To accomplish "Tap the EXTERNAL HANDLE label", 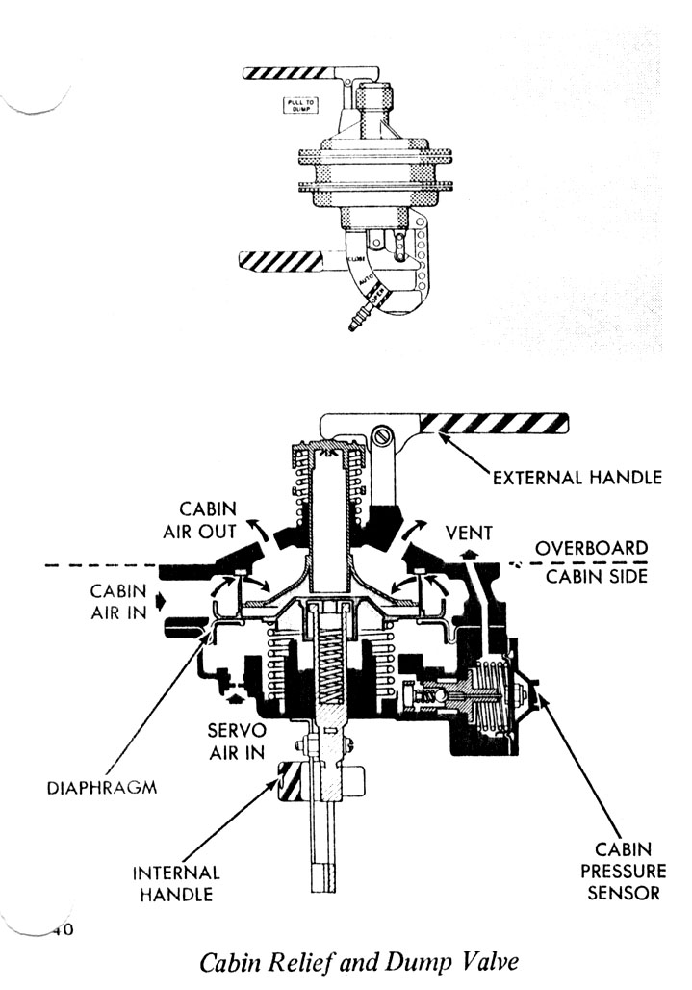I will [578, 477].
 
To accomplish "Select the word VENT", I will [470, 532].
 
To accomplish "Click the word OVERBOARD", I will [591, 547].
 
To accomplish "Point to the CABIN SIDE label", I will [590, 577].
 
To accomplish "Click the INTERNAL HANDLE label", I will [176, 883].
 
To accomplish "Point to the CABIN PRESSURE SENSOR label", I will [627, 871].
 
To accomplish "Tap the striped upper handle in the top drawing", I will [288, 73].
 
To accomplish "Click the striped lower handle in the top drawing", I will [288, 259].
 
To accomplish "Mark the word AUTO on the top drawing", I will [367, 282].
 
